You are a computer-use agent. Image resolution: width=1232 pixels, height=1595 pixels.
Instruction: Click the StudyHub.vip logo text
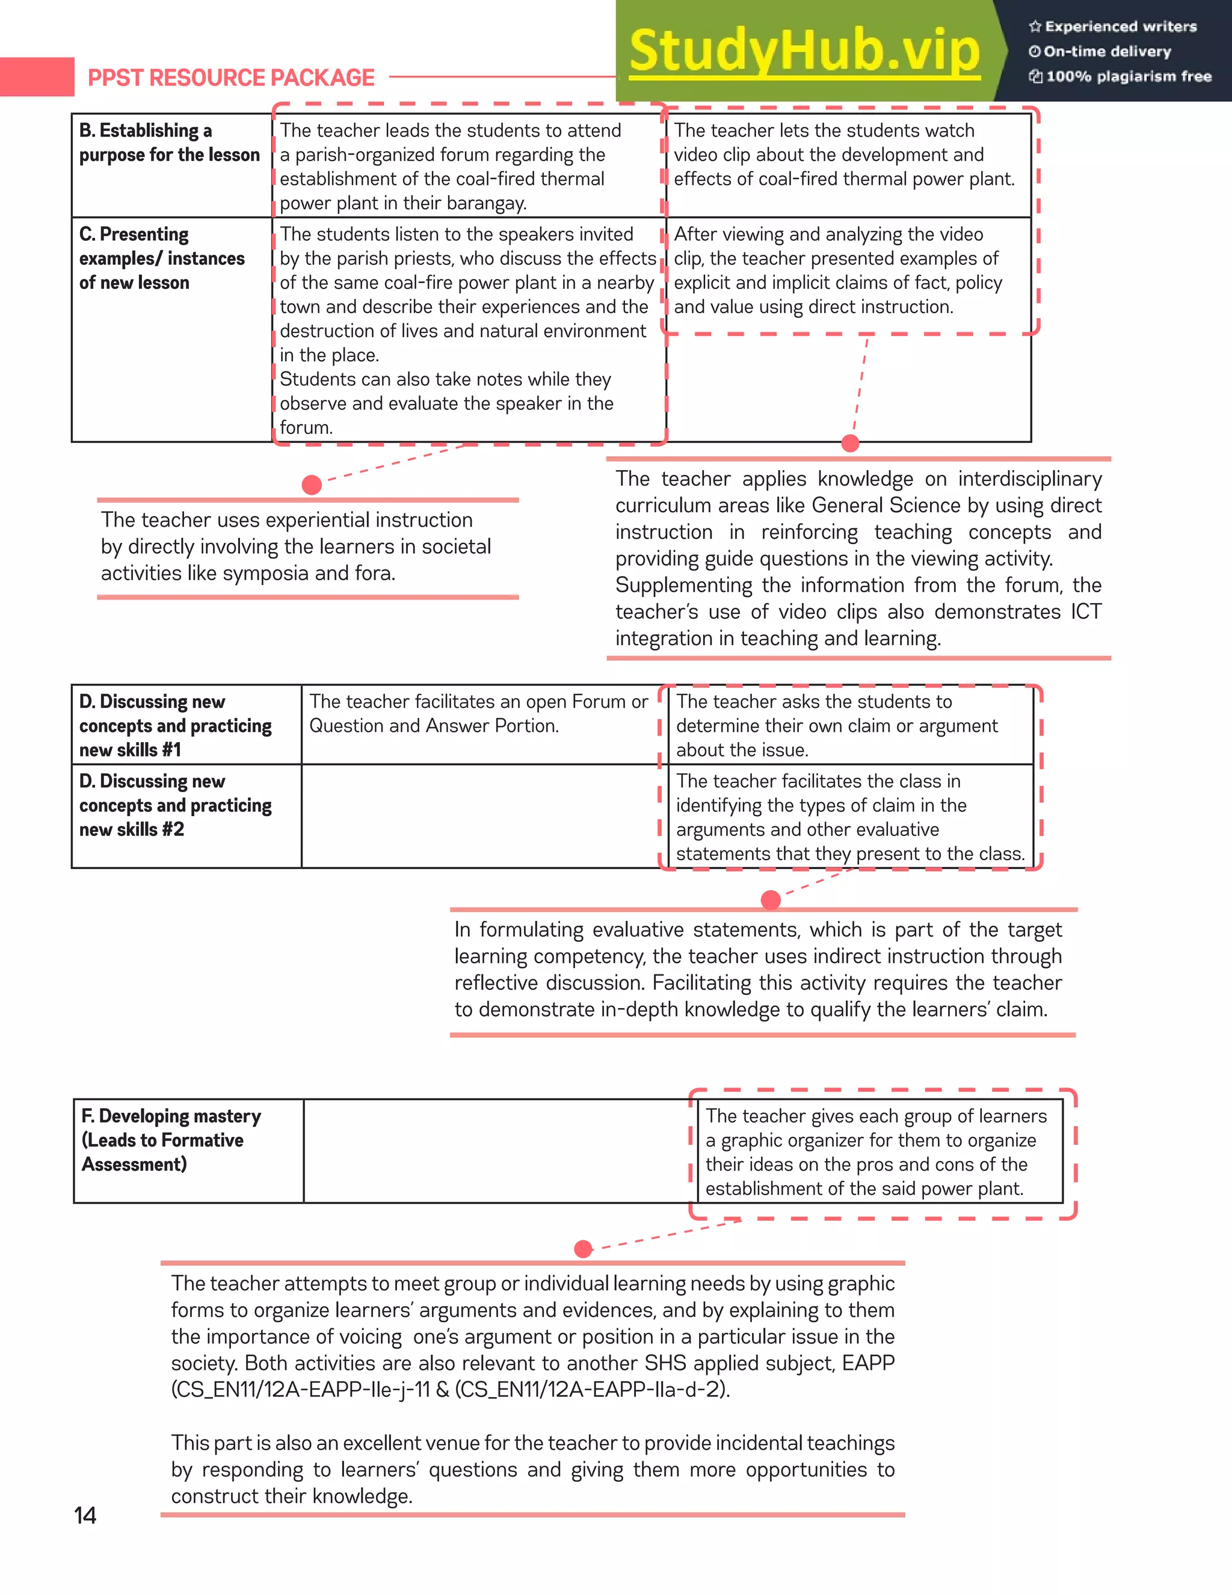[x=804, y=51]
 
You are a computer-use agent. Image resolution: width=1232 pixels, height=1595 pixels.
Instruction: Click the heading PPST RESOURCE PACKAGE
[x=230, y=78]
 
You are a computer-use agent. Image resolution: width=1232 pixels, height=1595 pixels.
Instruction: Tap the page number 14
[x=85, y=1516]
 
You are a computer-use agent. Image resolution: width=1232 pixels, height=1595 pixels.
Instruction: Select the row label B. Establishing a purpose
[x=168, y=143]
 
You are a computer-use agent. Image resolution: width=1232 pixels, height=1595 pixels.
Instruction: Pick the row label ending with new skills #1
[x=174, y=725]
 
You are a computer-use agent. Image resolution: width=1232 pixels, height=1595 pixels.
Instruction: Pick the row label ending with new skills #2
[x=174, y=805]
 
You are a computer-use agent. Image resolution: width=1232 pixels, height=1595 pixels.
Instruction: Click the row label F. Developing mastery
[x=171, y=1139]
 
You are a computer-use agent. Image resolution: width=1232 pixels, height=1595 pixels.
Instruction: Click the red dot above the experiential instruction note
[x=312, y=485]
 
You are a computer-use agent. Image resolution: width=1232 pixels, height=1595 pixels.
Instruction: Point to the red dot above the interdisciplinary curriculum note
[x=850, y=442]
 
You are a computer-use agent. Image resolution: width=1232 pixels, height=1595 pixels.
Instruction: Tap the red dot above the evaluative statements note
[x=771, y=900]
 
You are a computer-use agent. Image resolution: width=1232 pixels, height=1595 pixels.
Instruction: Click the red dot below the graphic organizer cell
[x=583, y=1249]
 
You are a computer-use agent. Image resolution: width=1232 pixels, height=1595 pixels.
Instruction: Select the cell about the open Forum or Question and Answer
[x=478, y=713]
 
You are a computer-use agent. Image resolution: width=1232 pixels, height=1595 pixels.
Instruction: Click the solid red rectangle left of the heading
[x=37, y=76]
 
